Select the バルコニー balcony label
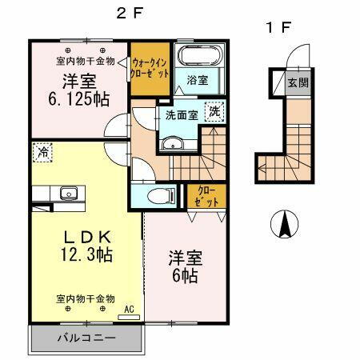point(86,338)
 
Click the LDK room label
point(86,238)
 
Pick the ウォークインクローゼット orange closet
point(150,67)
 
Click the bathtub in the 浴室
point(196,58)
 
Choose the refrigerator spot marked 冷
point(42,150)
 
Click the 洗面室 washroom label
point(182,114)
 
